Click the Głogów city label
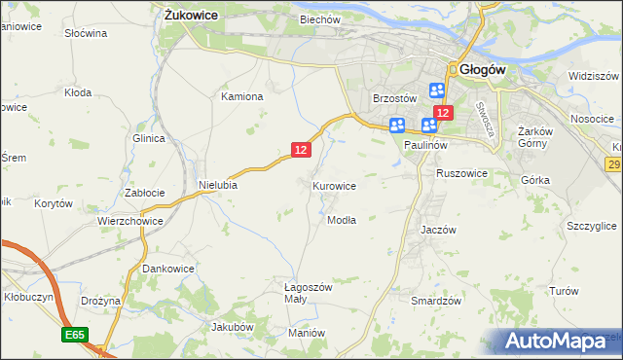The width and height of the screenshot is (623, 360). [x=480, y=69]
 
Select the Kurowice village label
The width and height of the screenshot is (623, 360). [x=334, y=185]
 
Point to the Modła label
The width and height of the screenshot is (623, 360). [x=341, y=219]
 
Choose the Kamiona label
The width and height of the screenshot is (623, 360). [x=242, y=96]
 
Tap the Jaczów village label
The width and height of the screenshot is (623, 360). [x=439, y=230]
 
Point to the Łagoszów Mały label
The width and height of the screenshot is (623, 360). [x=309, y=294]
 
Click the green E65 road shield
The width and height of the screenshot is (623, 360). [x=75, y=335]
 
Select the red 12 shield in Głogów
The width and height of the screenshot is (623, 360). [x=443, y=114]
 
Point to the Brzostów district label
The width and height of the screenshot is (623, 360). [x=395, y=98]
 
